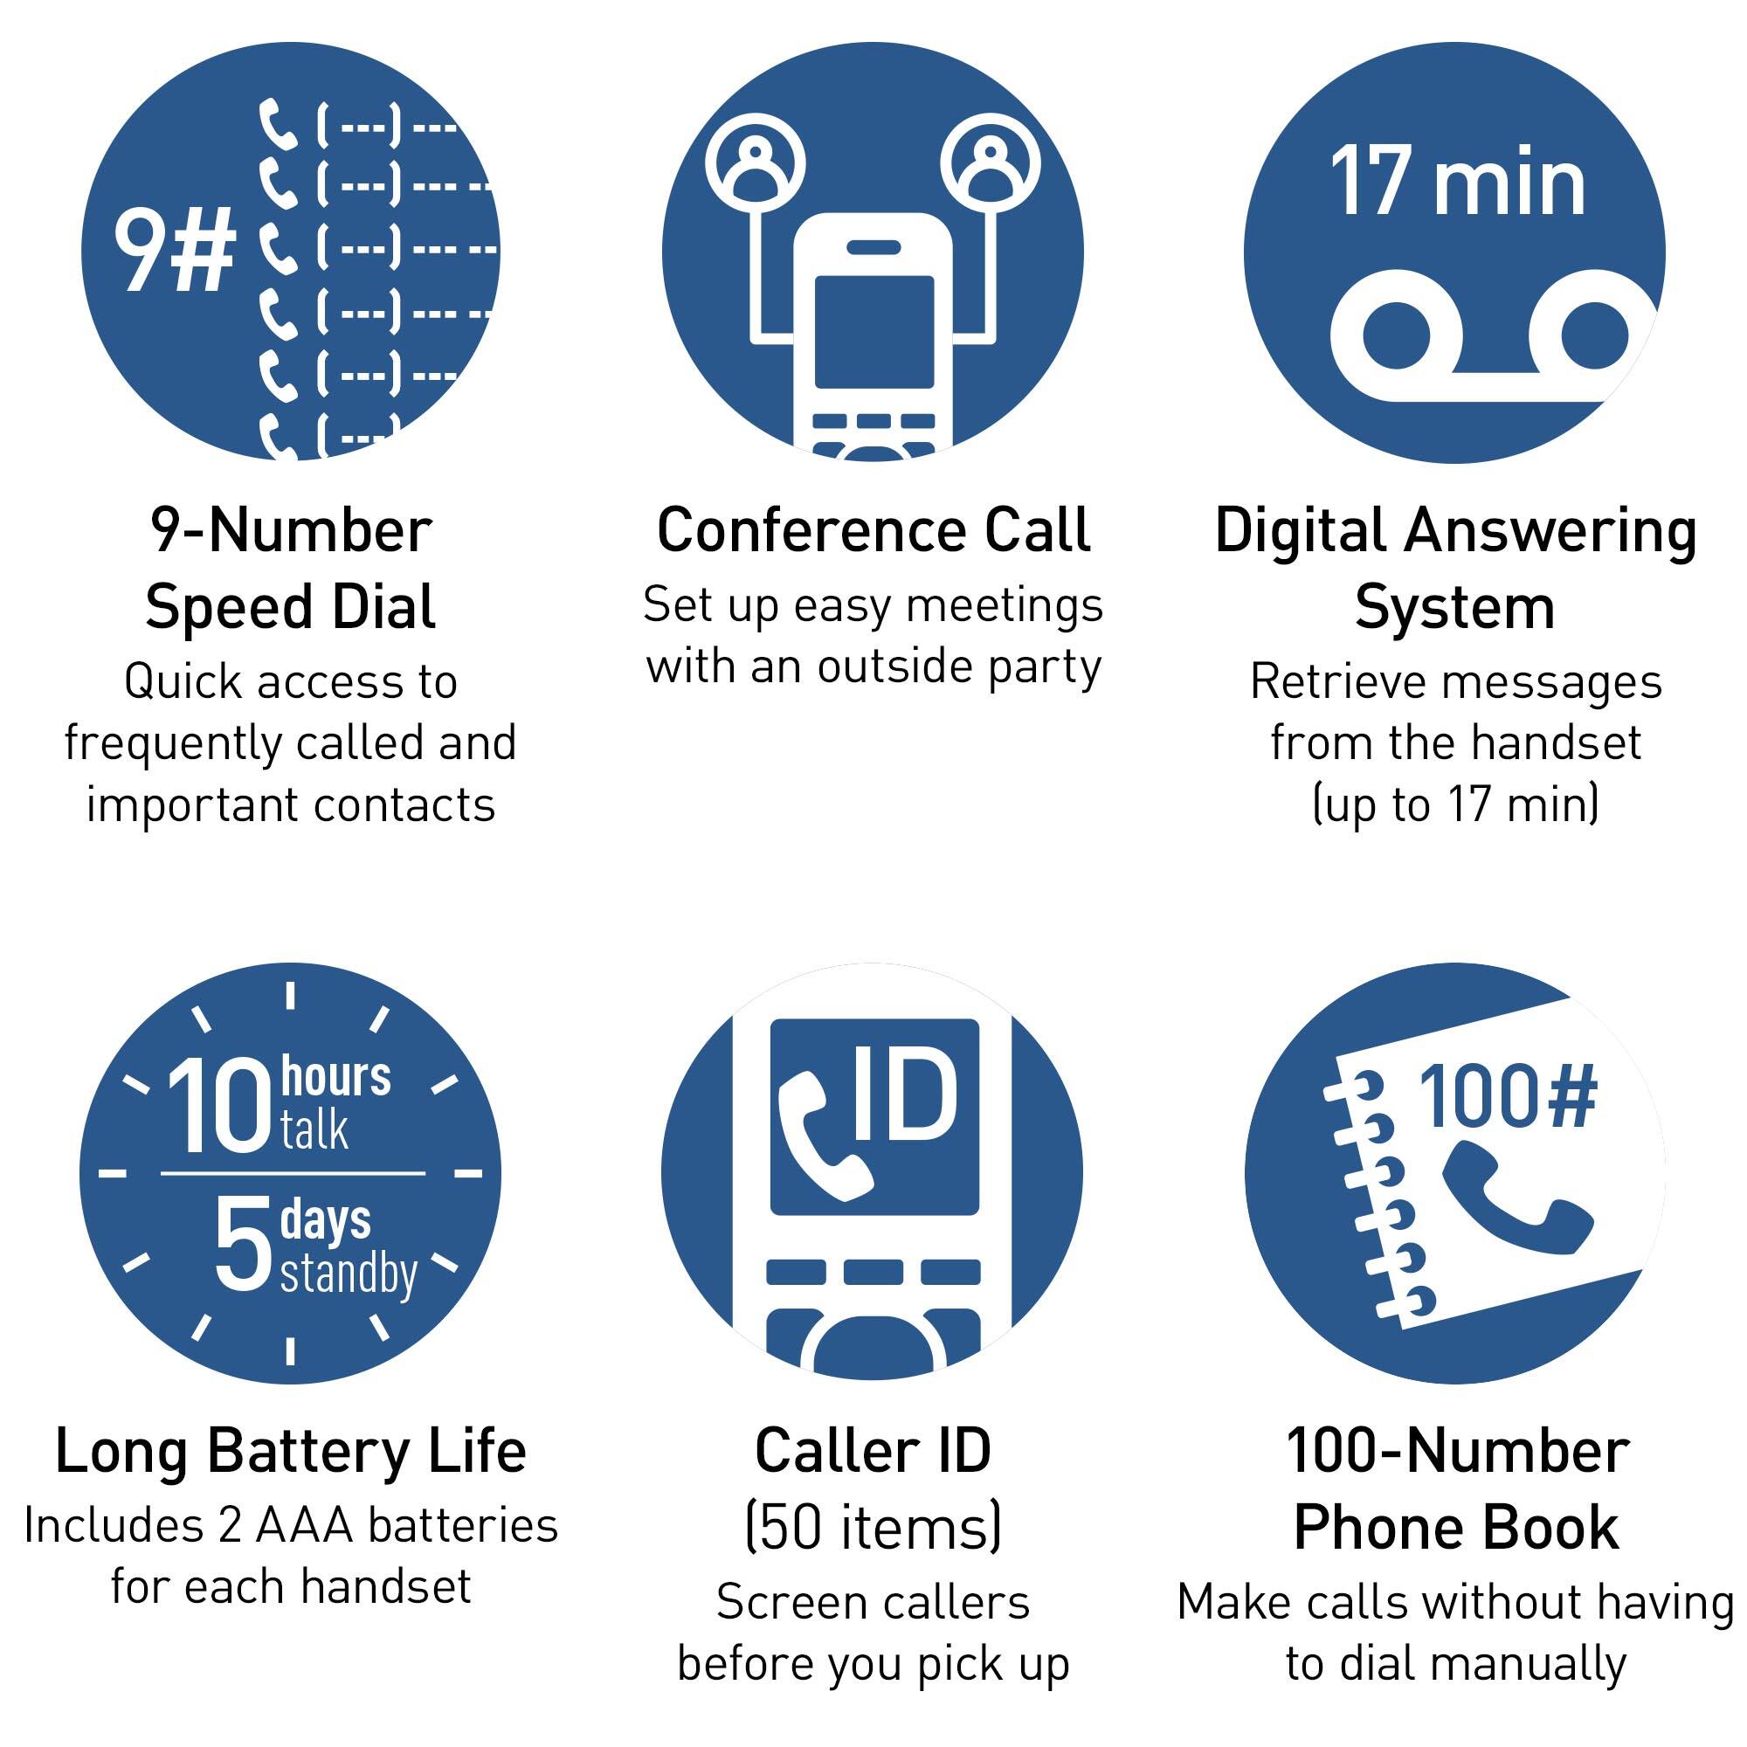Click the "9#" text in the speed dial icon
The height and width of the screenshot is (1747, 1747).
point(175,251)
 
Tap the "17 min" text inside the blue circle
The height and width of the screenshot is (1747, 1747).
point(1457,183)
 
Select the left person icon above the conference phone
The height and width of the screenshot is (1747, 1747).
point(754,165)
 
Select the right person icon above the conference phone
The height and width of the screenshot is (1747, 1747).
point(991,165)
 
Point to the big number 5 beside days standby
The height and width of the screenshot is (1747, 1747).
point(243,1242)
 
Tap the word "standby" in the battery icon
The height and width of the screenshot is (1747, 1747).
point(349,1274)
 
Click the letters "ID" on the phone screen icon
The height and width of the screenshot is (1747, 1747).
point(905,1096)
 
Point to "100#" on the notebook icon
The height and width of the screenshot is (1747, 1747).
point(1508,1097)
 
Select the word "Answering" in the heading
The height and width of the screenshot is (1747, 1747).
point(1550,532)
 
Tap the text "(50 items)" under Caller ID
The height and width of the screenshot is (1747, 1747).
point(873,1527)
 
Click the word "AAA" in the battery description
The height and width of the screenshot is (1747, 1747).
point(304,1526)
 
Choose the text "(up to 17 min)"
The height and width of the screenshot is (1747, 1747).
point(1456,804)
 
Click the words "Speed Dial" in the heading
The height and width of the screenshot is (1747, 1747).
point(291,607)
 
